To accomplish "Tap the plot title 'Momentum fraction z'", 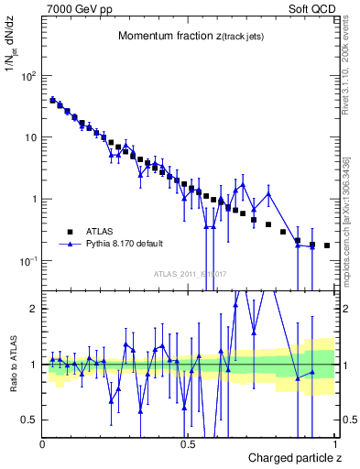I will (180, 37).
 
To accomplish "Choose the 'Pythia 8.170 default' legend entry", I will (125, 245).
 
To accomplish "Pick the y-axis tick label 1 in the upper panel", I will (34, 200).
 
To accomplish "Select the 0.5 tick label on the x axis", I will (188, 444).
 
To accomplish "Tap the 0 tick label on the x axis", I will (43, 444).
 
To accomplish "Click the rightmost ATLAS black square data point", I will (327, 245).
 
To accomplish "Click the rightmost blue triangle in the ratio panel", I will (312, 372).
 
